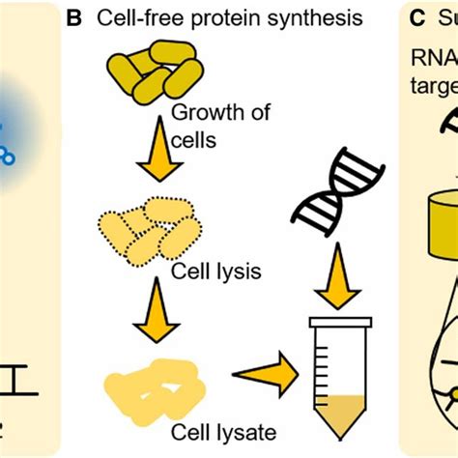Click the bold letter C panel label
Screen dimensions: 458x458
pyautogui.click(x=415, y=18)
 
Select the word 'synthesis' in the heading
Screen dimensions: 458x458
pyautogui.click(x=301, y=18)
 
